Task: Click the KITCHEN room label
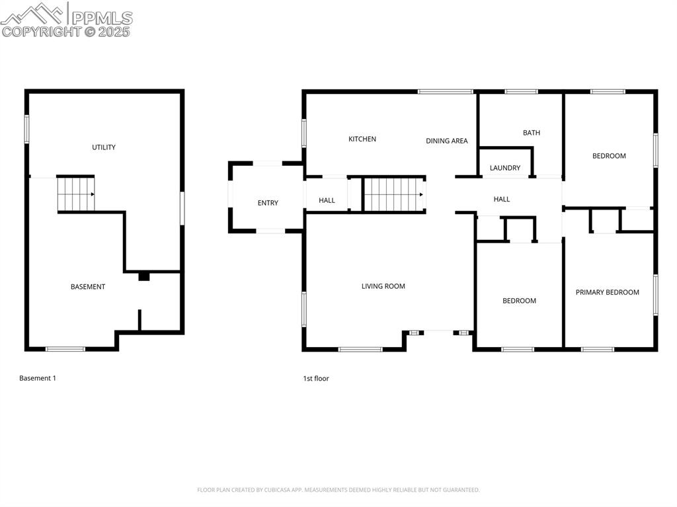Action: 362,139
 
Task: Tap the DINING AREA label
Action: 447,141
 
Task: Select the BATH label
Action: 532,133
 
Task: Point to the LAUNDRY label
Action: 505,168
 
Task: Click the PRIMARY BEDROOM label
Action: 608,292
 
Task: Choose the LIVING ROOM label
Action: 383,286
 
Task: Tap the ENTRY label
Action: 268,203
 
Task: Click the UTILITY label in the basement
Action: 104,147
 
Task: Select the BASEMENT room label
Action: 88,287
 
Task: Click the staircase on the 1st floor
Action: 393,194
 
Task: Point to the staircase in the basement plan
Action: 75,194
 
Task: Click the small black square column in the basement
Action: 143,277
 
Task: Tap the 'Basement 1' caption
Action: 38,378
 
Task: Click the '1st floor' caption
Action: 316,379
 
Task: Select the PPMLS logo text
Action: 101,18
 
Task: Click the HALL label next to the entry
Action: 327,200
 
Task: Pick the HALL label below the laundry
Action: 502,199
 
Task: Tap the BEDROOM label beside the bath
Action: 609,156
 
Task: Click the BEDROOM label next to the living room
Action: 520,301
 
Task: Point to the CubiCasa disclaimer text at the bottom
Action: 338,490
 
